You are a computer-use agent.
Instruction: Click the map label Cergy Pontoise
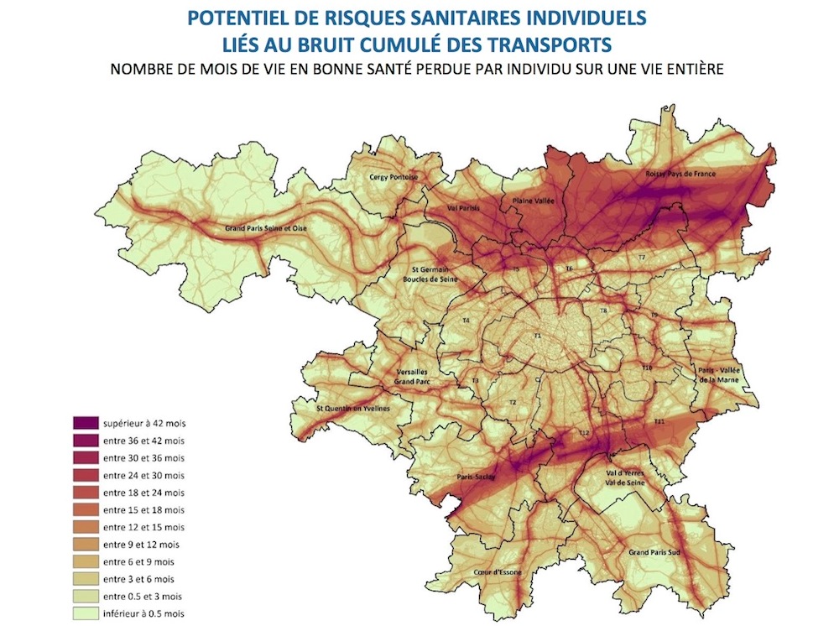click(394, 178)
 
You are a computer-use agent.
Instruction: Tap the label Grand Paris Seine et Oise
click(265, 228)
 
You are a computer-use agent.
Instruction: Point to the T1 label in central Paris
click(539, 336)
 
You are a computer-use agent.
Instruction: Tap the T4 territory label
click(466, 321)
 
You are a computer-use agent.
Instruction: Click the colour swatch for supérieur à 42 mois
click(83, 423)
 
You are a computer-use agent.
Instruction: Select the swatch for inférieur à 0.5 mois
click(83, 613)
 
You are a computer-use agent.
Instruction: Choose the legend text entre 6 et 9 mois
click(140, 561)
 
